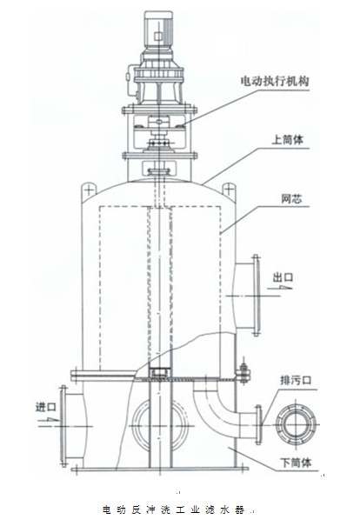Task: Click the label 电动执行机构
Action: (275, 81)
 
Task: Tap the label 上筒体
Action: (288, 140)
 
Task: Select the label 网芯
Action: (291, 199)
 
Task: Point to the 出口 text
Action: (283, 277)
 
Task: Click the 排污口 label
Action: (296, 381)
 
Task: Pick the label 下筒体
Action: (296, 463)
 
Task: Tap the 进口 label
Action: (46, 407)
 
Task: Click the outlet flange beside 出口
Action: (256, 296)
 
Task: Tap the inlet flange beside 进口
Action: (63, 426)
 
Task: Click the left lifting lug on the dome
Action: (89, 190)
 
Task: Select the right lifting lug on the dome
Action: (228, 190)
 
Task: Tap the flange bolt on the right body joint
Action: (243, 372)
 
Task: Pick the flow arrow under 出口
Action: (280, 288)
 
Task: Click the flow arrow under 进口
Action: (48, 419)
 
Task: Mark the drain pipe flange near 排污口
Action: (258, 425)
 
